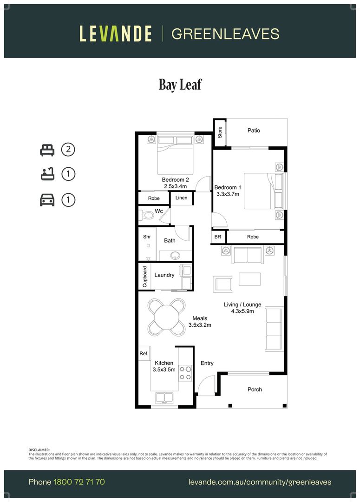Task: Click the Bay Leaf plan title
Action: coord(180,85)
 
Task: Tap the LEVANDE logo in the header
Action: coord(116,34)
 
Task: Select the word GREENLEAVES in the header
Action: coord(225,34)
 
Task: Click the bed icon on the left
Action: coord(47,150)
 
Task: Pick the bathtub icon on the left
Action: coord(47,174)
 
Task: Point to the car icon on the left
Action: coord(47,200)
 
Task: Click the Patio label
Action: coord(254,130)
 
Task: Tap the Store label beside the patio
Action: coord(220,132)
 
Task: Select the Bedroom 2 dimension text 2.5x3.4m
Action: coord(176,186)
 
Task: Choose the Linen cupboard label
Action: coord(182,198)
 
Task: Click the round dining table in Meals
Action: coord(166,317)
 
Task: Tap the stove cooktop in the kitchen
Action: coord(185,373)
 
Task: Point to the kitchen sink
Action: coord(164,397)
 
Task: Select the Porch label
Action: coord(255,390)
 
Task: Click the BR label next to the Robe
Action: coord(217,237)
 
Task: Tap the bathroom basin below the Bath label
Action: coord(175,256)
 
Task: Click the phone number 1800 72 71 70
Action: coord(79,482)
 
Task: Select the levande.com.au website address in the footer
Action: coord(260,482)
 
